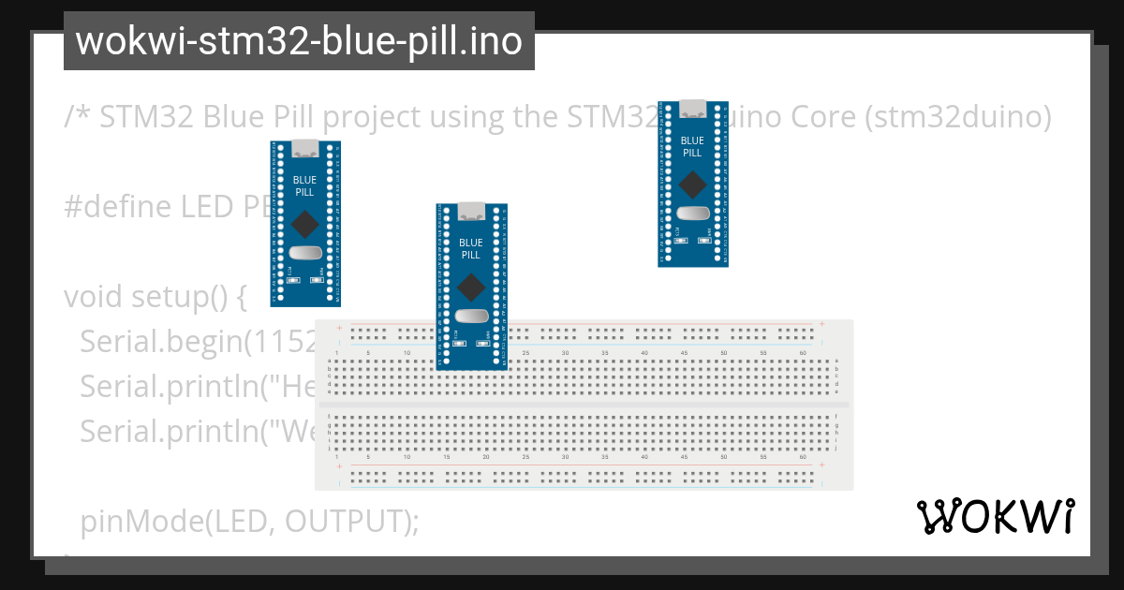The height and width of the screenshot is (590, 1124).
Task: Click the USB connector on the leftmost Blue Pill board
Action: click(305, 147)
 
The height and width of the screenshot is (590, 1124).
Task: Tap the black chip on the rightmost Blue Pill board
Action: click(692, 183)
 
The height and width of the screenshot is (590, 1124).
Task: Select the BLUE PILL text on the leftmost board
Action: click(304, 185)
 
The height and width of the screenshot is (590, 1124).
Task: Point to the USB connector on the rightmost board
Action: click(693, 106)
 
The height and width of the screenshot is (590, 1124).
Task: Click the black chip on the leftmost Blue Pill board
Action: click(304, 224)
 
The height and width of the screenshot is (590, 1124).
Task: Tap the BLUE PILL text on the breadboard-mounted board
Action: click(471, 248)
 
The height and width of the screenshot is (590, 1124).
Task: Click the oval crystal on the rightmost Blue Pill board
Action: click(692, 213)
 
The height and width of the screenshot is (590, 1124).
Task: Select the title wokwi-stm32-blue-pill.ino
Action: click(299, 41)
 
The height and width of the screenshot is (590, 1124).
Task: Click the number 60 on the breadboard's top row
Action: click(803, 353)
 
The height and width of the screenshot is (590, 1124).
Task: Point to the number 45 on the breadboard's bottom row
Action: click(684, 456)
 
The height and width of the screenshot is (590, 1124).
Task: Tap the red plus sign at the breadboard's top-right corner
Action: click(821, 324)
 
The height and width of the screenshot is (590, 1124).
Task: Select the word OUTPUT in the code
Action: click(347, 521)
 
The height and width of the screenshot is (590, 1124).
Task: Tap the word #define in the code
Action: click(117, 206)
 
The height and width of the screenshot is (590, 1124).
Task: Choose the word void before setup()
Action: click(94, 297)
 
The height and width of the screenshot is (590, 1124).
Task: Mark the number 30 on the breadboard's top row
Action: click(565, 353)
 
